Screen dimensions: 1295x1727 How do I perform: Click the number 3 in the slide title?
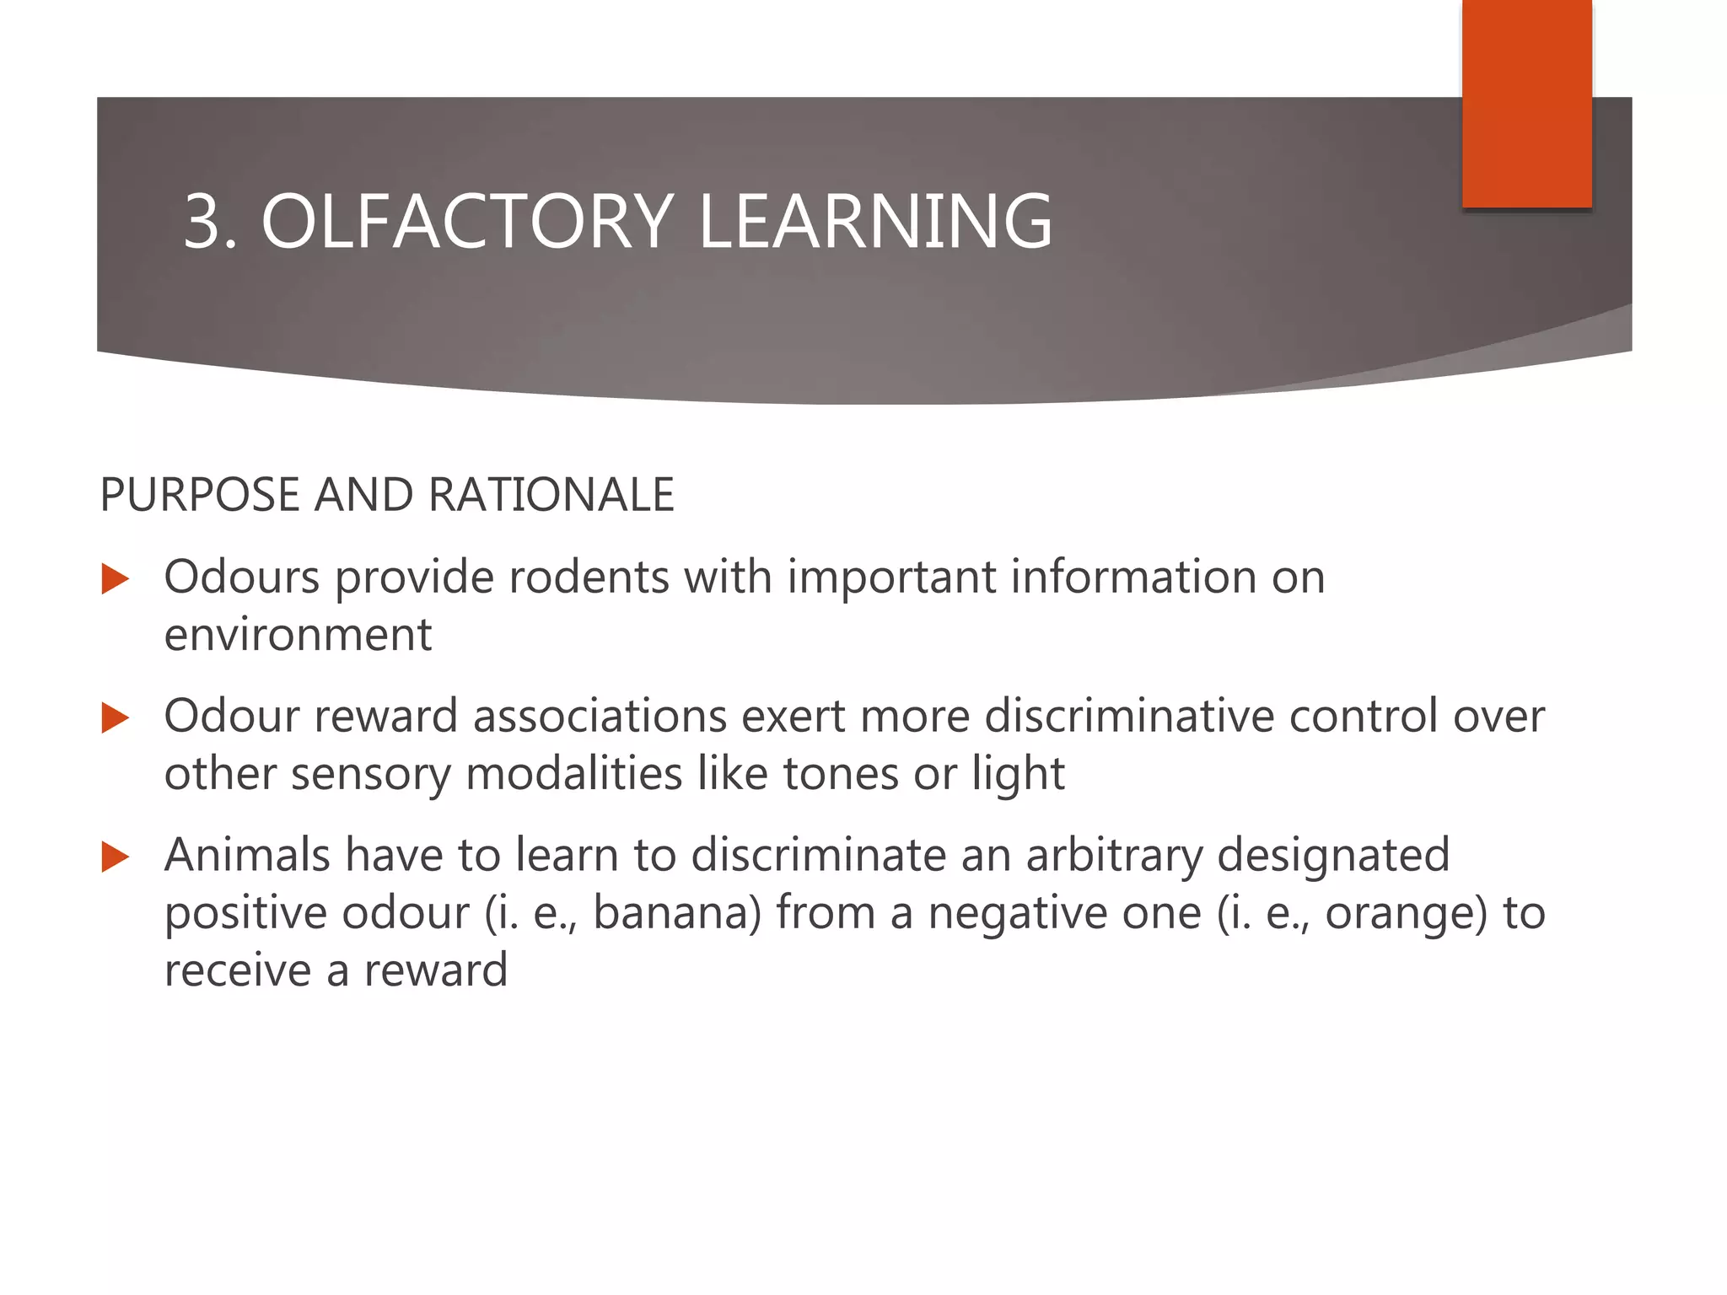pyautogui.click(x=207, y=222)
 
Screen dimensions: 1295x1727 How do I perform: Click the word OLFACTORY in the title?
pyautogui.click(x=467, y=222)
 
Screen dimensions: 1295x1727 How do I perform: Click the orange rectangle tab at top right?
pyautogui.click(x=1526, y=103)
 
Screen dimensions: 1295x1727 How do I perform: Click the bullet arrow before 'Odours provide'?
pyautogui.click(x=115, y=579)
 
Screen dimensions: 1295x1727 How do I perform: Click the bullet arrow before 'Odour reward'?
pyautogui.click(x=115, y=718)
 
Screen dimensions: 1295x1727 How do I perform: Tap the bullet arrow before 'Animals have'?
pyautogui.click(x=115, y=857)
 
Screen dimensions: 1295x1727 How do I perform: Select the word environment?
pyautogui.click(x=298, y=635)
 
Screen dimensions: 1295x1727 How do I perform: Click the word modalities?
pyautogui.click(x=573, y=774)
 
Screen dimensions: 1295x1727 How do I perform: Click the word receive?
pyautogui.click(x=237, y=970)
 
